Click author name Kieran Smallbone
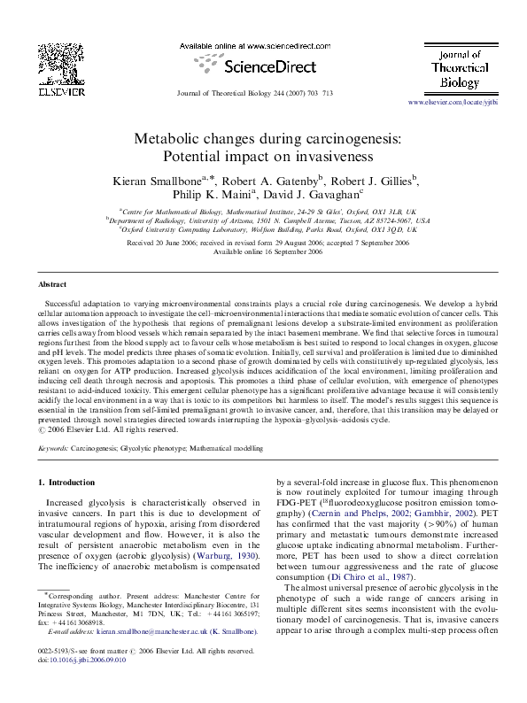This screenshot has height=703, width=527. pyautogui.click(x=160, y=182)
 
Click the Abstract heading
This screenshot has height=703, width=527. pyautogui.click(x=52, y=285)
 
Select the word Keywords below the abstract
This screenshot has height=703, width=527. pyautogui.click(x=53, y=449)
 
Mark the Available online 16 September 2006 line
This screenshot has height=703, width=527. pyautogui.click(x=263, y=251)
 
